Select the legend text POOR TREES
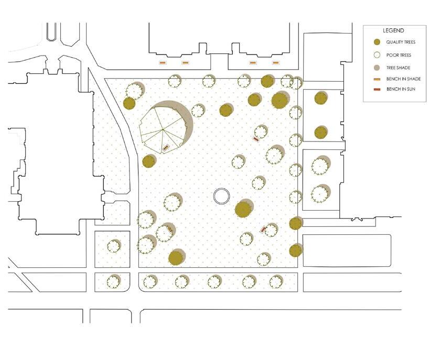click(399, 55)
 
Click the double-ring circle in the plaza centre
click(222, 197)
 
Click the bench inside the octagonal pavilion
click(166, 148)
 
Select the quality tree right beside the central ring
click(243, 209)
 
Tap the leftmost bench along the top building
click(163, 63)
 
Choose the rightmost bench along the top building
click(275, 63)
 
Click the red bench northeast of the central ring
click(256, 139)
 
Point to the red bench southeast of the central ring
click(264, 229)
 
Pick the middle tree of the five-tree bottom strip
click(214, 281)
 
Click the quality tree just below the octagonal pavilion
click(149, 161)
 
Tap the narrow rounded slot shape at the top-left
click(51, 31)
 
